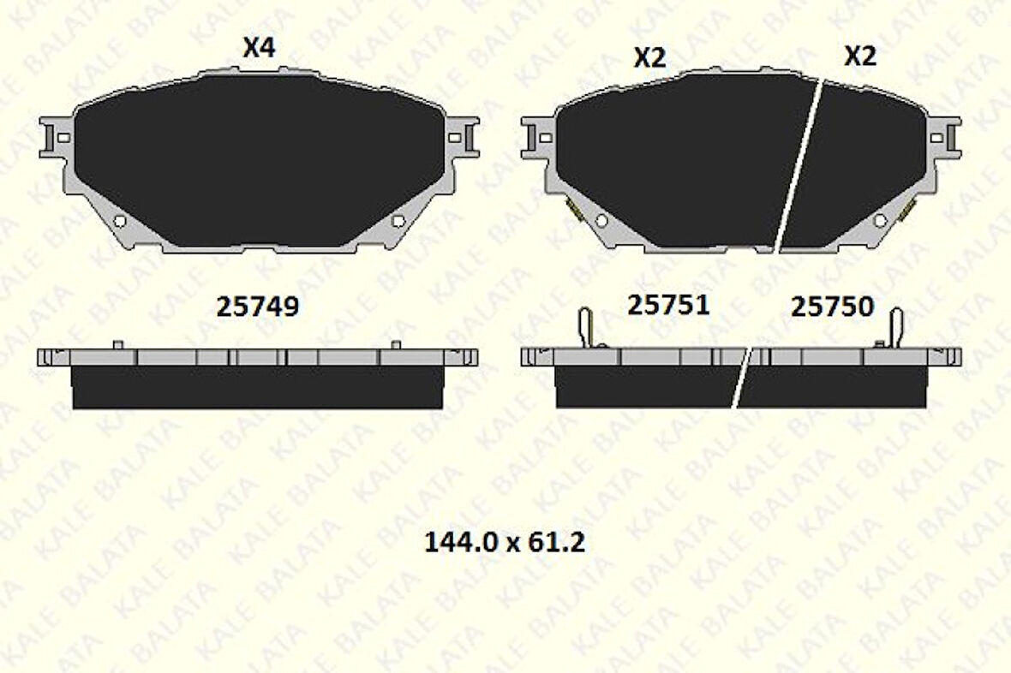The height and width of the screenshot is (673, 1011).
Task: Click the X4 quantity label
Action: point(260,48)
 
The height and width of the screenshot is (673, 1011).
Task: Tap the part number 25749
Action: point(257,307)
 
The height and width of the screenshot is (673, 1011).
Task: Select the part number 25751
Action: point(668,305)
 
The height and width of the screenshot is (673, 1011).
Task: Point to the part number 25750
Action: point(833,307)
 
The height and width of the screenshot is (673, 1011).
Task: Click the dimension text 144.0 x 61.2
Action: point(505,542)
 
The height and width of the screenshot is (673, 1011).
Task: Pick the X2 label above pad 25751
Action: point(650,58)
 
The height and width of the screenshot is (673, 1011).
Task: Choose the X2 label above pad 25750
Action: point(861,57)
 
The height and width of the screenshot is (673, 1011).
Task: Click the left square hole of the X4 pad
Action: point(63,137)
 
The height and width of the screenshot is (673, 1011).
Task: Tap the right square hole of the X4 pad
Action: point(455,137)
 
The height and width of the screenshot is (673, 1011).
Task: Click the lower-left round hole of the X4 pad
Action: point(120,220)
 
